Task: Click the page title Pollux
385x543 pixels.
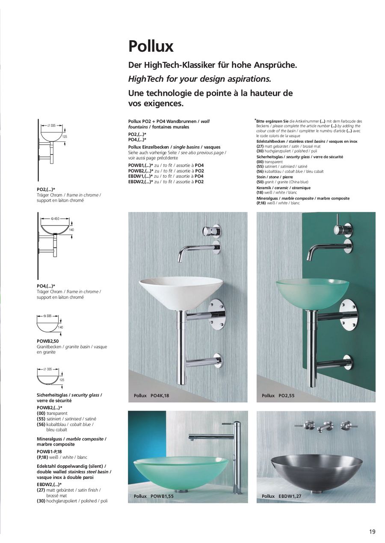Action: [151, 46]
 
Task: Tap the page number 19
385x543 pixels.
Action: [372, 531]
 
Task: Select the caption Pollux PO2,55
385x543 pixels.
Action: [278, 396]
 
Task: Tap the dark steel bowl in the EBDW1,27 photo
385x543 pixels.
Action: [317, 470]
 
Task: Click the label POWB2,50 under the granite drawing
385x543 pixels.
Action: [47, 341]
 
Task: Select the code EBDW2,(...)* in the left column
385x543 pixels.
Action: [49, 484]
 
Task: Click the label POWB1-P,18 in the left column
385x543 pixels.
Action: [50, 451]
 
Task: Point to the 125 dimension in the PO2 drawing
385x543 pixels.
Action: [65, 137]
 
